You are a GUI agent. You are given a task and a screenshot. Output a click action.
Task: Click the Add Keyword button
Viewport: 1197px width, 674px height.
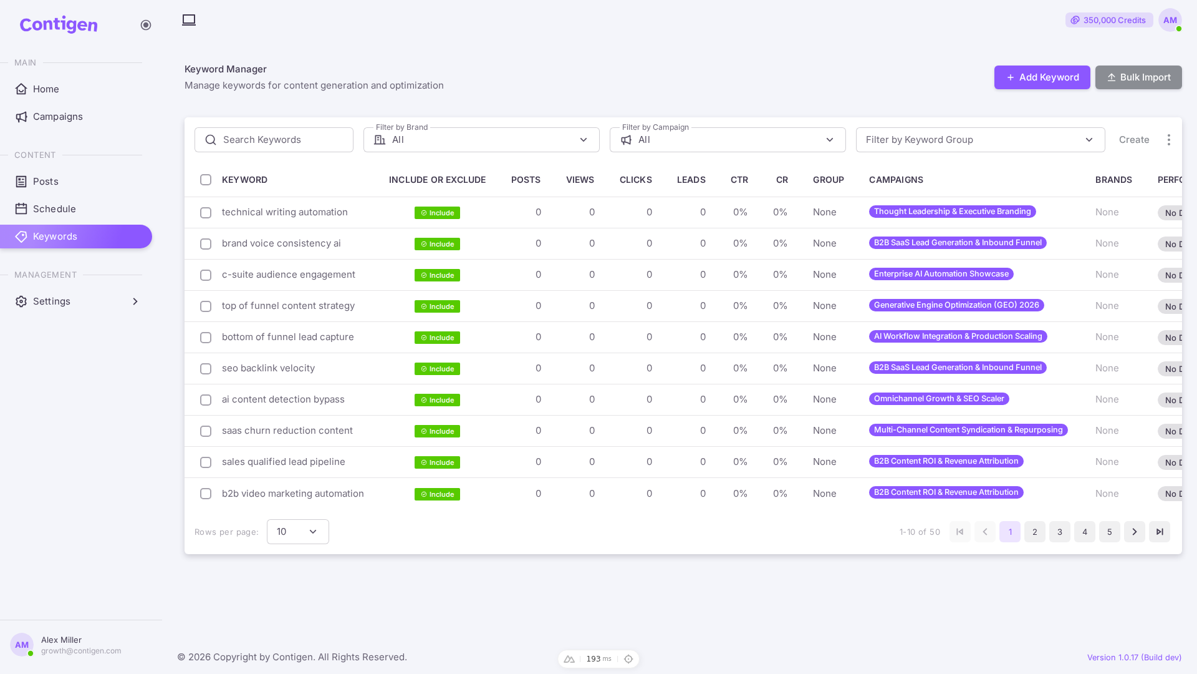coord(1042,77)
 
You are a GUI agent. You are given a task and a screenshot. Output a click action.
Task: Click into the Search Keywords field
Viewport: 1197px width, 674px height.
coord(274,140)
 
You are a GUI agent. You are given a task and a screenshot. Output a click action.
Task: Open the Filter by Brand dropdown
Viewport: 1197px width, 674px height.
coord(481,140)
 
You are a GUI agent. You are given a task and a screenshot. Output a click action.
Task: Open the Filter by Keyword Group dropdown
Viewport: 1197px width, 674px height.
coord(980,140)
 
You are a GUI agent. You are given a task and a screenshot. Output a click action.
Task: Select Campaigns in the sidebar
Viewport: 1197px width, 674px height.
coord(57,117)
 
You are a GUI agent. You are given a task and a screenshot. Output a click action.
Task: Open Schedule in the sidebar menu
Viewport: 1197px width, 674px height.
coord(54,209)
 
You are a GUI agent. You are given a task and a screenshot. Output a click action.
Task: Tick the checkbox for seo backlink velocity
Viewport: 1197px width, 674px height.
coord(206,369)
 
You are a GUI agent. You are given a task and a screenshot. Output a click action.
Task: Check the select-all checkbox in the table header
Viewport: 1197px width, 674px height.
coord(206,180)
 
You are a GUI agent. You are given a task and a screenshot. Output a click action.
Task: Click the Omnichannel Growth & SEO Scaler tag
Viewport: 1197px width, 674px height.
coord(939,399)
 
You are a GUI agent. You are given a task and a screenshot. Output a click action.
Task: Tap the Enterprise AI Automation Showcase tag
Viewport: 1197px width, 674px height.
coord(941,274)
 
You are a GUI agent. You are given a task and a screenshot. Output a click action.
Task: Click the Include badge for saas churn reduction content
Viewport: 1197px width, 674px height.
coord(437,431)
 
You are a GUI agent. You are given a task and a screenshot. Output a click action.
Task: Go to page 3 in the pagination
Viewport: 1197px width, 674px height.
coord(1060,532)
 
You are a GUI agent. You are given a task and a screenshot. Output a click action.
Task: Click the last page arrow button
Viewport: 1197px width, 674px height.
coord(1160,532)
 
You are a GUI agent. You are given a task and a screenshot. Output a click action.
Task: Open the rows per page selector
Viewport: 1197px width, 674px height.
coord(298,532)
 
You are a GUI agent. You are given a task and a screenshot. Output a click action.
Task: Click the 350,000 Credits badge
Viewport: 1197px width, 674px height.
coord(1109,20)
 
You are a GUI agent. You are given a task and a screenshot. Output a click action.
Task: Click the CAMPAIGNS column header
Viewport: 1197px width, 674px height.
coord(896,180)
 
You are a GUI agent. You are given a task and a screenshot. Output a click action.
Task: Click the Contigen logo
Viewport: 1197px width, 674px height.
coord(59,25)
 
